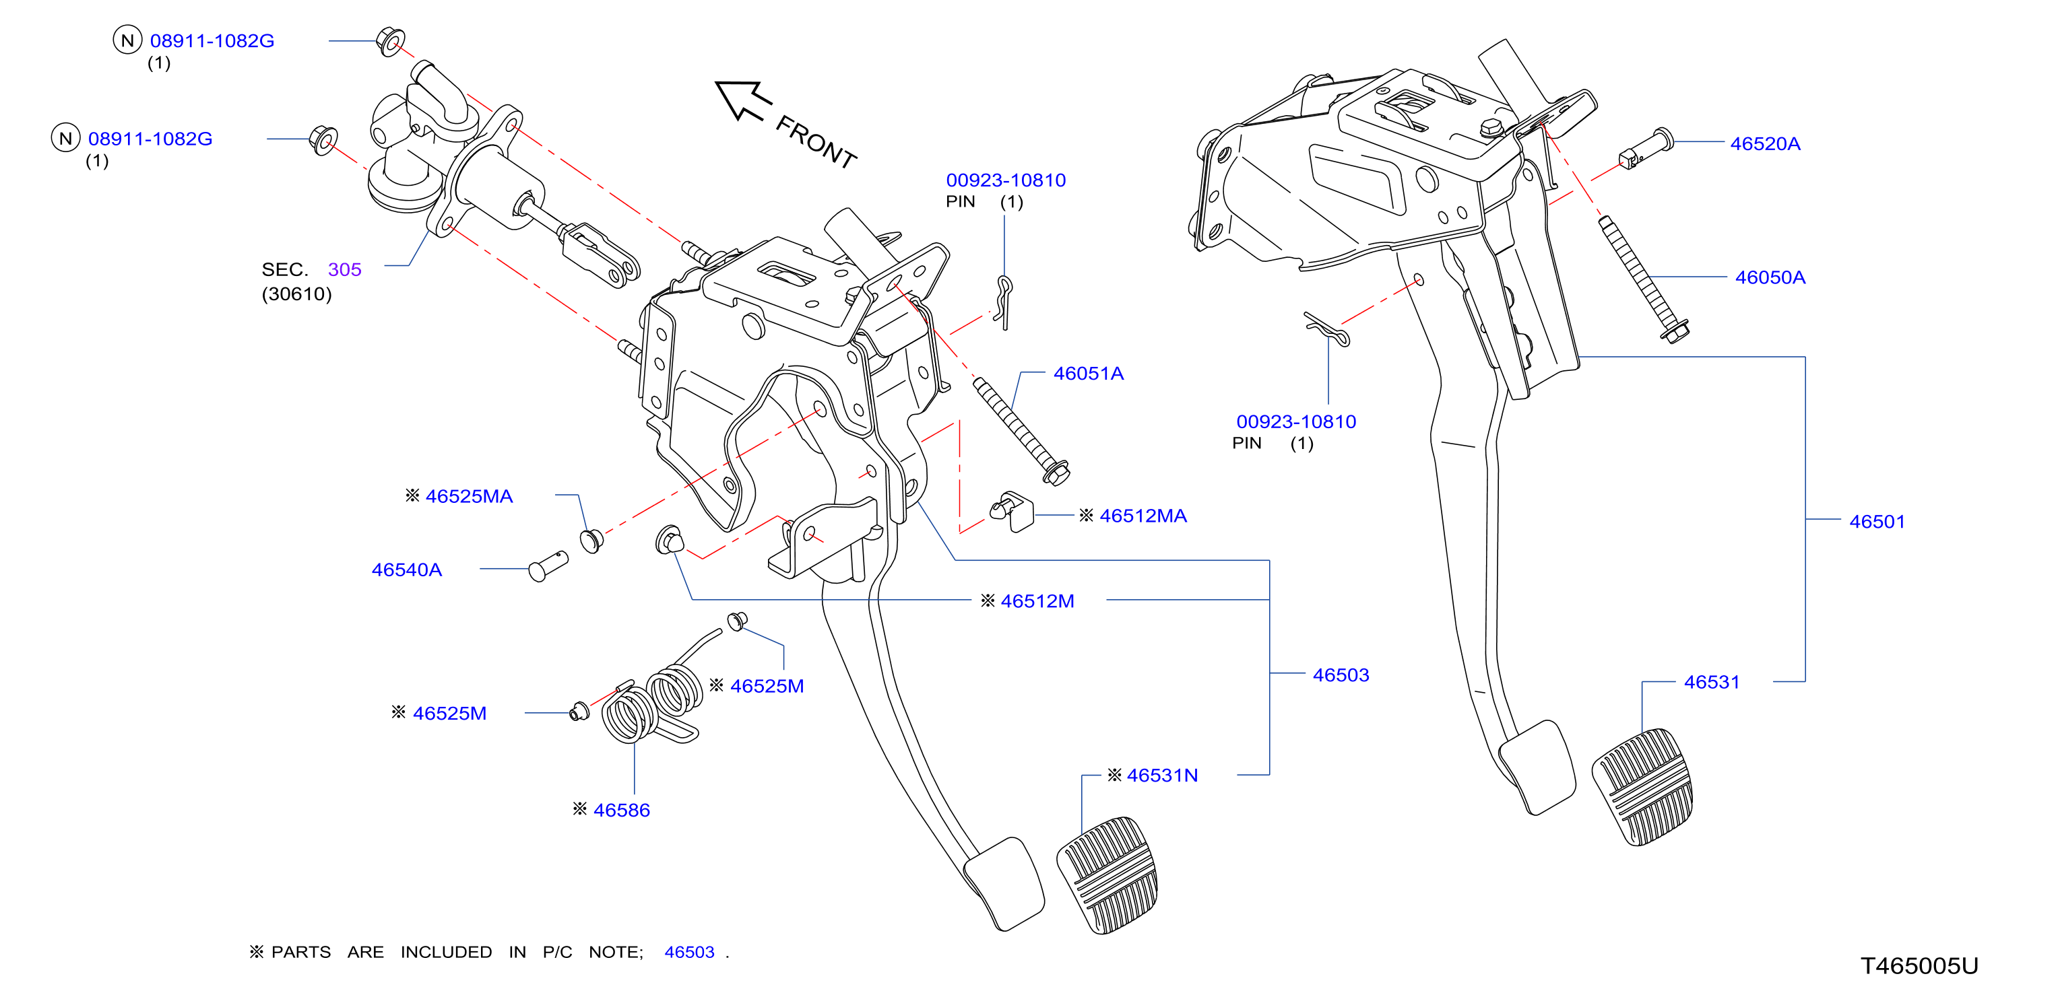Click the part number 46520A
pos(1765,144)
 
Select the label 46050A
pos(1770,277)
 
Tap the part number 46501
pos(1877,522)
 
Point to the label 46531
pos(1711,682)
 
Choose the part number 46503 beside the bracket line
pos(1341,675)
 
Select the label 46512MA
pos(1143,516)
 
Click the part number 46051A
pos(1088,373)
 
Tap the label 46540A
pos(407,570)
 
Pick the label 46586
pos(622,810)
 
